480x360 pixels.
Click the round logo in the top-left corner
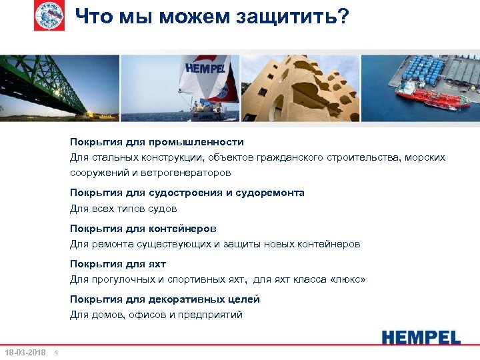(x=50, y=16)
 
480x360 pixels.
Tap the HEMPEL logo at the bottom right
(x=421, y=337)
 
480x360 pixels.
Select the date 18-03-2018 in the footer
(x=25, y=352)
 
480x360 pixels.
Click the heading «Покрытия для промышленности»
(x=157, y=142)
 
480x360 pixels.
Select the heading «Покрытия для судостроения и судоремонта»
(x=187, y=193)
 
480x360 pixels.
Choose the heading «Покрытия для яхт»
(x=117, y=264)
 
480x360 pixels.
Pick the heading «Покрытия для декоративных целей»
(x=165, y=299)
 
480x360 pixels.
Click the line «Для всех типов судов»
(x=123, y=209)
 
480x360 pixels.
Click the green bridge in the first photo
(x=47, y=83)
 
